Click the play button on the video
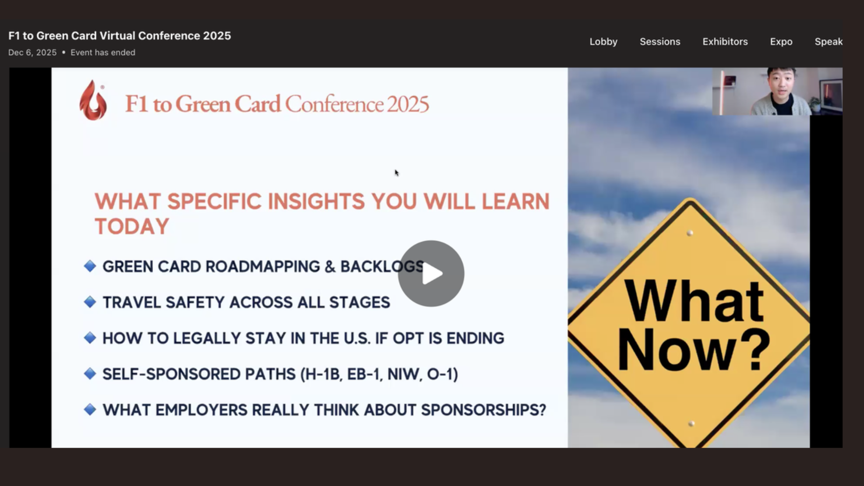[x=431, y=274]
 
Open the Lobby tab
[x=603, y=41]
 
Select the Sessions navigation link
[x=660, y=41]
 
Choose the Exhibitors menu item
[x=725, y=41]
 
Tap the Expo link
[x=781, y=41]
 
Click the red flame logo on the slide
[x=93, y=101]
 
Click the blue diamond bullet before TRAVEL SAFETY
[x=90, y=302]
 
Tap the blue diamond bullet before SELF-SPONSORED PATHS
[x=90, y=373]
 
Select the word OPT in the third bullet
[x=408, y=338]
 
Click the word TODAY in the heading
[x=132, y=226]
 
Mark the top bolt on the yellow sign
[x=690, y=233]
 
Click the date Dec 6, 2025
[x=32, y=53]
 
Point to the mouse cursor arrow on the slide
[x=396, y=173]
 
